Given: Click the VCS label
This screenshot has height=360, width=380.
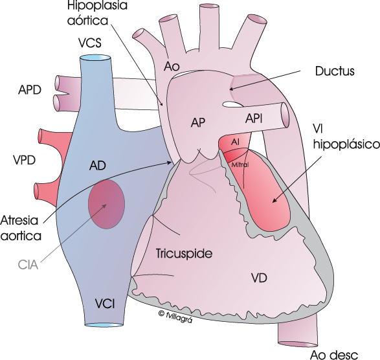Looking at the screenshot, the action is (90, 43).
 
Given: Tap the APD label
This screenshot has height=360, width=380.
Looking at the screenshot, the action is (30, 90).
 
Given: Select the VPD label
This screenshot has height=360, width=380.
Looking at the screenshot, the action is (24, 160).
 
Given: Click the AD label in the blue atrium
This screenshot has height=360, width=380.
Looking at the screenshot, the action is (98, 166).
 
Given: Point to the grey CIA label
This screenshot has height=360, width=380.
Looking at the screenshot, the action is (28, 265).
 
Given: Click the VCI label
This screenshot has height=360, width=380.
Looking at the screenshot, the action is (105, 304).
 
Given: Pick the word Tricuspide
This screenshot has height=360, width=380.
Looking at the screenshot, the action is (184, 254).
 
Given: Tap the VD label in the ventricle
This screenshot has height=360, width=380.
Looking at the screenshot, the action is (259, 278).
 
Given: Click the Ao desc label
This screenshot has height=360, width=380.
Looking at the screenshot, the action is (334, 355).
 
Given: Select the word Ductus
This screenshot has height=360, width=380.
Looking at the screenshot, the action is (335, 71).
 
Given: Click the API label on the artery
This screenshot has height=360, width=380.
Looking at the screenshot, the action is (254, 118).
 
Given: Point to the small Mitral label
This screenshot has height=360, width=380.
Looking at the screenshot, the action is (240, 165).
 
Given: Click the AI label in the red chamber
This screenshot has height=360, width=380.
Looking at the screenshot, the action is (235, 142).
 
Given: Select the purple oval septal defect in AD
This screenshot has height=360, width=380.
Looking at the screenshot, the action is (107, 204).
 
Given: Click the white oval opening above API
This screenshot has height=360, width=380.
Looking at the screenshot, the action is (232, 104).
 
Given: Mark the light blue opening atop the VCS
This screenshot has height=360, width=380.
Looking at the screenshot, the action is (95, 58).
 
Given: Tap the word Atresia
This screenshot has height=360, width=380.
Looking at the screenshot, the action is (19, 221).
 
